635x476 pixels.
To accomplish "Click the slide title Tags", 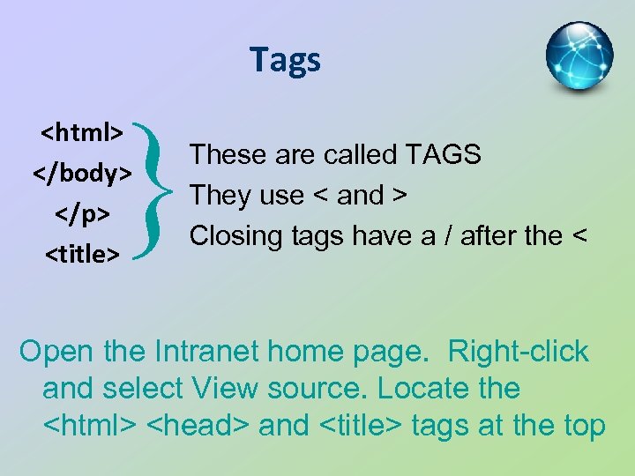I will (285, 60).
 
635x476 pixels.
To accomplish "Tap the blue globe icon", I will (579, 56).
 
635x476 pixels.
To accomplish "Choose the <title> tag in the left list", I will (83, 255).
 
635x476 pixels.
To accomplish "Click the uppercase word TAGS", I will (443, 155).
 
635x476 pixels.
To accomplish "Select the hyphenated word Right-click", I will (518, 351).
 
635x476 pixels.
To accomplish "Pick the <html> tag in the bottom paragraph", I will (89, 427).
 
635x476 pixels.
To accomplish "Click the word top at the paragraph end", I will (583, 427).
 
